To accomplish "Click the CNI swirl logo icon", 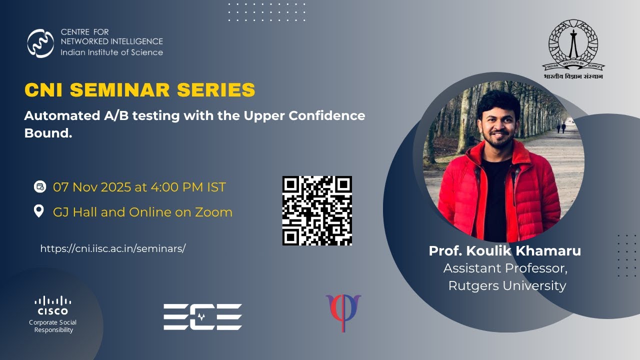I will [40, 43].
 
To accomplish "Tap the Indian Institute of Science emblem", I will [573, 44].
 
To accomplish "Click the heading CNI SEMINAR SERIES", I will [140, 90].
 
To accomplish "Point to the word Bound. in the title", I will [48, 134].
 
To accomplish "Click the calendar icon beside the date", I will [39, 187].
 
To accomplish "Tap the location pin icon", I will [39, 211].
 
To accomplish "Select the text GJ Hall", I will [75, 212].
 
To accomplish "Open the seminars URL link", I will [113, 248].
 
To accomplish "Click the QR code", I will [317, 210].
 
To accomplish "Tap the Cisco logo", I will [53, 305].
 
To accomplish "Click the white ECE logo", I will [202, 316].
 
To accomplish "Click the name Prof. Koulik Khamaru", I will [505, 251].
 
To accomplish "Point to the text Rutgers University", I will [507, 285].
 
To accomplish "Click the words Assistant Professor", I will [505, 268].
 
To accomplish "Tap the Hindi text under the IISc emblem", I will [573, 76].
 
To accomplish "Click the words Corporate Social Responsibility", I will [53, 326].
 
